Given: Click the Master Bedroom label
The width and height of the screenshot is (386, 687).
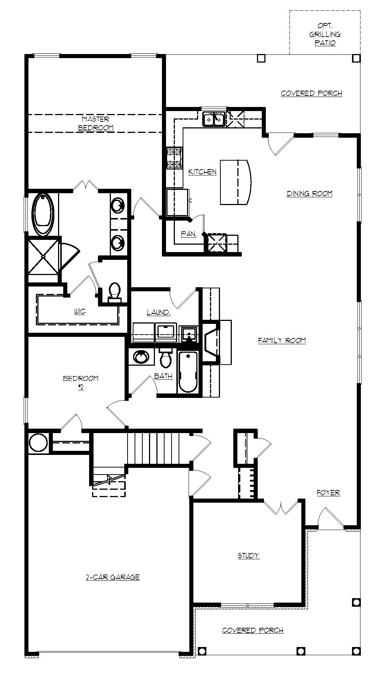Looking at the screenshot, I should pos(95,124).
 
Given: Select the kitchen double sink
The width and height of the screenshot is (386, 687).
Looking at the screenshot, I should pos(214,119).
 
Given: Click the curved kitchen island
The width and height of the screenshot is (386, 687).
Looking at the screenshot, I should pos(236,182).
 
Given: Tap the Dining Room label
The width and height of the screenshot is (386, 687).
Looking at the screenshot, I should pos(309,194).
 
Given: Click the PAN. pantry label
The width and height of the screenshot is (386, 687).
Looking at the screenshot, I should pos(188,234).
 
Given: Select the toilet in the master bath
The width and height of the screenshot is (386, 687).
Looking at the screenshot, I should pos(115,292).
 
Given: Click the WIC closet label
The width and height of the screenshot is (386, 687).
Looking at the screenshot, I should pos(79,311).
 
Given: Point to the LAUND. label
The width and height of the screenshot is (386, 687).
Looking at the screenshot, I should pos(158,312).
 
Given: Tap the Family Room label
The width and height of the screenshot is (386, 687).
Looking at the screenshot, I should pos(282,340).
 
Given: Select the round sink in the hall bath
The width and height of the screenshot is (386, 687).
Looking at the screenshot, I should pos(141,357).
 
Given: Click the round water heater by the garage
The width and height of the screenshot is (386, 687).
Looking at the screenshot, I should pos(38,442).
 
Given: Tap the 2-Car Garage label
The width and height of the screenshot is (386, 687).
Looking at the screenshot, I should pos(113,577).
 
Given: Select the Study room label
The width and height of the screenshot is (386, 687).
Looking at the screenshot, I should pos(248,555).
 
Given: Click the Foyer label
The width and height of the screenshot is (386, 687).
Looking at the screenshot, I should pos(328,493).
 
